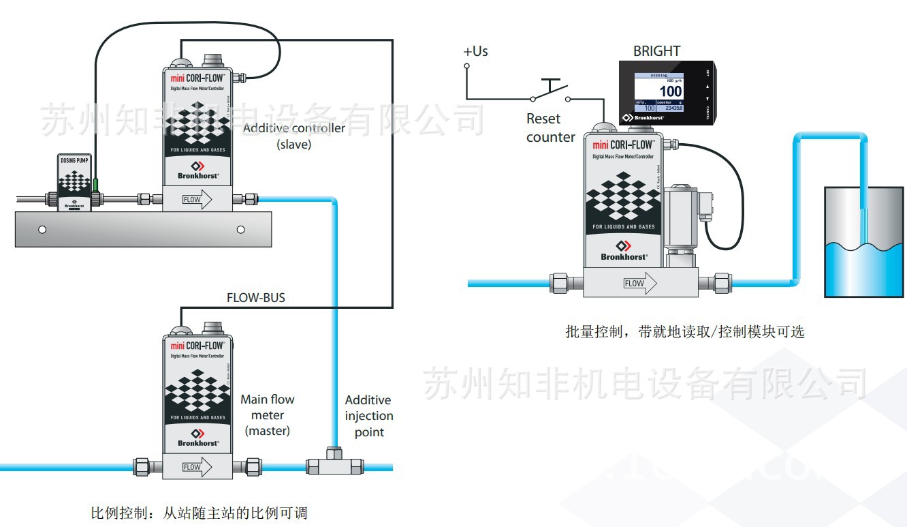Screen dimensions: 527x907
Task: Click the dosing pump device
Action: click(x=74, y=182)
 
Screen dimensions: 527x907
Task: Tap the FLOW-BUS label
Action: click(x=255, y=298)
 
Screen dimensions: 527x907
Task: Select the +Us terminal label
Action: click(x=475, y=51)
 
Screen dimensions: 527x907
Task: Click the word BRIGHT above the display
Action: click(x=656, y=51)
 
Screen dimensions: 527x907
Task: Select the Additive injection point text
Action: click(x=369, y=416)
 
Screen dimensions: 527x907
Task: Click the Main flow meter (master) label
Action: click(x=268, y=415)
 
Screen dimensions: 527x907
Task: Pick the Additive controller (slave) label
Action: click(x=294, y=136)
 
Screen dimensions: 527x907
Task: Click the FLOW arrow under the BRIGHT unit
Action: click(x=639, y=283)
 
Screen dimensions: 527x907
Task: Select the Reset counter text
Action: click(x=550, y=127)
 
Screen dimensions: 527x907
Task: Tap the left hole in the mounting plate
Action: click(x=42, y=230)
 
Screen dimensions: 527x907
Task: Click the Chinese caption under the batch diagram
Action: click(x=684, y=332)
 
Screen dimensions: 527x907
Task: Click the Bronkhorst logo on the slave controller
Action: click(x=197, y=170)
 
